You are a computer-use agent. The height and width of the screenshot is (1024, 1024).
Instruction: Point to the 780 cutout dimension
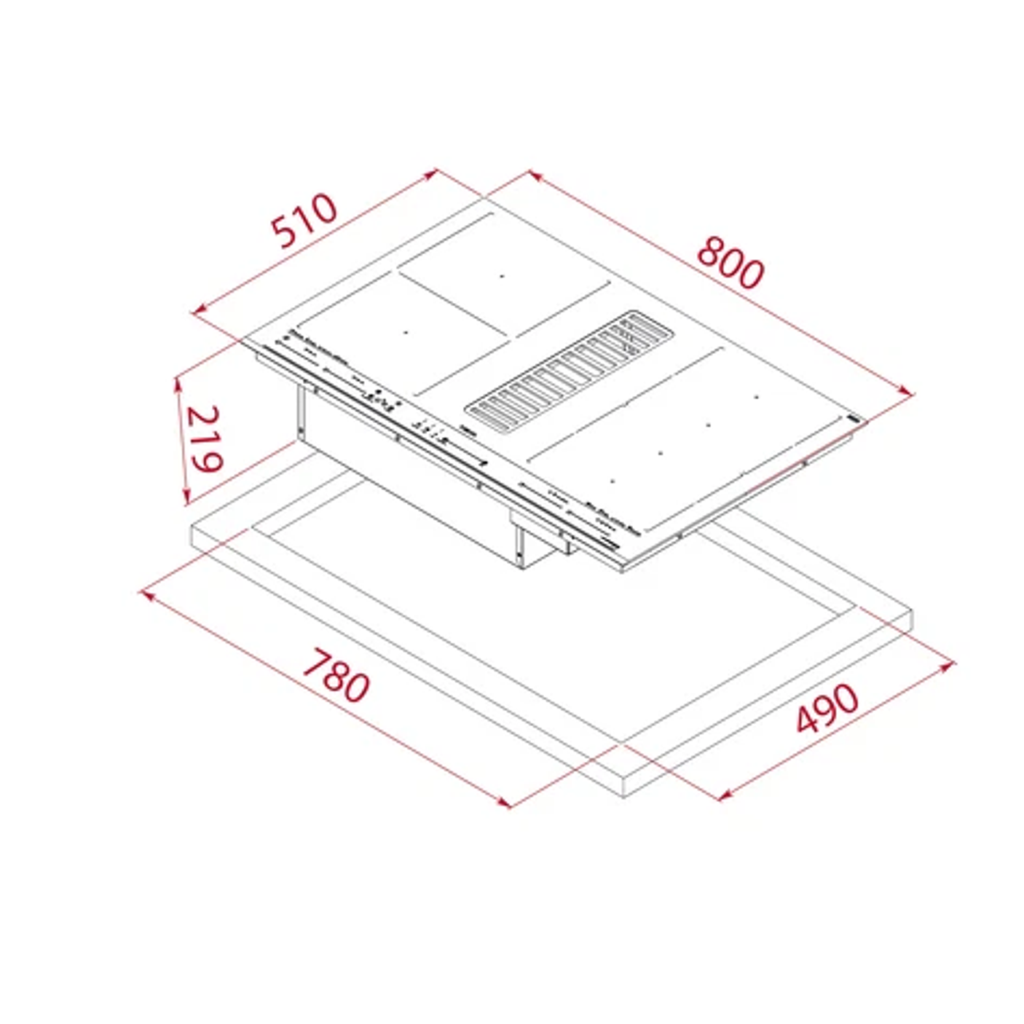coord(336,677)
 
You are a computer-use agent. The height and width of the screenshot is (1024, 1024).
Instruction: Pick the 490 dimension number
coord(827,707)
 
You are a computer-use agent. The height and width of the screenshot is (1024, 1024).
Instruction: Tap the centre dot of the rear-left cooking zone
coord(501,276)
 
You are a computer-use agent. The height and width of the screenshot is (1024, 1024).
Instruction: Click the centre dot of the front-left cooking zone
coord(406,333)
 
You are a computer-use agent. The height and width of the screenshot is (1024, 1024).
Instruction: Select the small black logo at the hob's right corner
coord(854,419)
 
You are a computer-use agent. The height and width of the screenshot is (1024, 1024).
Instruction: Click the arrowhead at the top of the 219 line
coord(177,382)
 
